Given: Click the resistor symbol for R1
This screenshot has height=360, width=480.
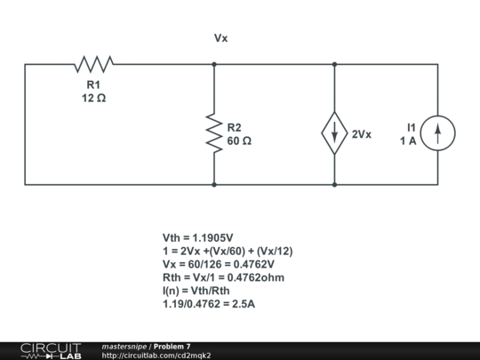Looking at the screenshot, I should pyautogui.click(x=93, y=64).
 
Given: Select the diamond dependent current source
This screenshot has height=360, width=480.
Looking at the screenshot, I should pyautogui.click(x=334, y=133).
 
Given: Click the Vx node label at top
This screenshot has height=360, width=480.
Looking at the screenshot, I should pyautogui.click(x=221, y=39).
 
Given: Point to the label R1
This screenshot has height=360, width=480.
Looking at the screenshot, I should pyautogui.click(x=93, y=84).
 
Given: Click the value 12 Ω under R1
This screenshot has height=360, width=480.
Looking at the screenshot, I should pyautogui.click(x=93, y=98).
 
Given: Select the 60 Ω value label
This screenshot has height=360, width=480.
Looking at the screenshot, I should pyautogui.click(x=239, y=141).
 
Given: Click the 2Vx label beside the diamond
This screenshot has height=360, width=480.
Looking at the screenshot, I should pyautogui.click(x=362, y=134).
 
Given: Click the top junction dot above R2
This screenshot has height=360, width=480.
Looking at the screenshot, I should pyautogui.click(x=214, y=64).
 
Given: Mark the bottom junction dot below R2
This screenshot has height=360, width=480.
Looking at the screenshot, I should pyautogui.click(x=214, y=185).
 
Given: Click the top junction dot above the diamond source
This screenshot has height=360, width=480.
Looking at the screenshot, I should pyautogui.click(x=334, y=64).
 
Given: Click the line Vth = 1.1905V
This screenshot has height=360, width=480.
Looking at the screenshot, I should pyautogui.click(x=197, y=238).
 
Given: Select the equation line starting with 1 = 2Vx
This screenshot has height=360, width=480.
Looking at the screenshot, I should pyautogui.click(x=228, y=252).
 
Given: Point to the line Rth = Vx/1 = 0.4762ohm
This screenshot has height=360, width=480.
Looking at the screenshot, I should pyautogui.click(x=220, y=277).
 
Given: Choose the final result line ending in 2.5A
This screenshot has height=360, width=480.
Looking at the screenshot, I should pyautogui.click(x=209, y=304).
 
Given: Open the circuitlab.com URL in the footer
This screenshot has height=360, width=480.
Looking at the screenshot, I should pyautogui.click(x=156, y=356).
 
